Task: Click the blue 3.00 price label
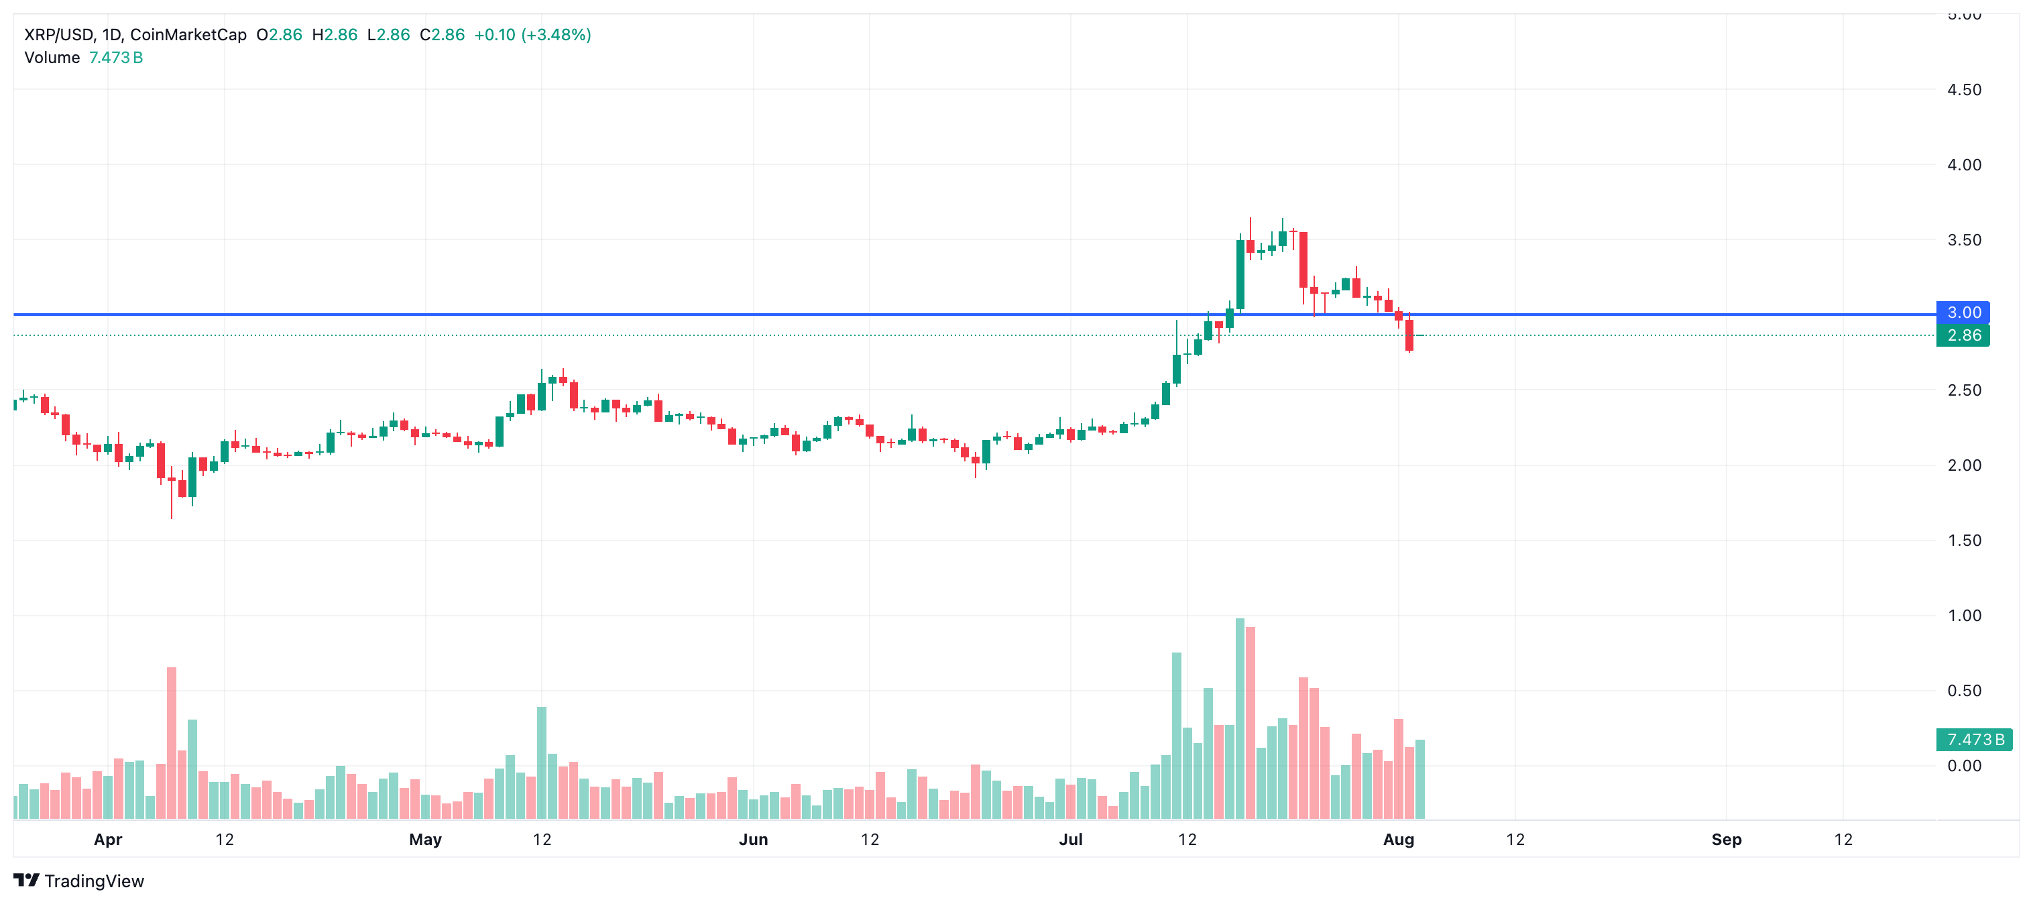(x=1963, y=313)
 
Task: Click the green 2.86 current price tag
(x=1963, y=335)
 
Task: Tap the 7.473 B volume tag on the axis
(x=1974, y=740)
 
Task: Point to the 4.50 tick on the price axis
(x=1963, y=90)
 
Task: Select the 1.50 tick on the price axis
(x=1963, y=541)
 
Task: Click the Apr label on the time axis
(x=108, y=839)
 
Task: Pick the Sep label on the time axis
(x=1726, y=839)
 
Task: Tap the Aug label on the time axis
(x=1397, y=839)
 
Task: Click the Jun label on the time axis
(x=753, y=839)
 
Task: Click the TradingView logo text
(x=94, y=881)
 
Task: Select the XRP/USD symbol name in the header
(x=59, y=35)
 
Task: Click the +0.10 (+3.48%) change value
(x=532, y=35)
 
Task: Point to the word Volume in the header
(x=52, y=58)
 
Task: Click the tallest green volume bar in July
(x=1240, y=718)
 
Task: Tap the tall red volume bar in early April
(x=171, y=742)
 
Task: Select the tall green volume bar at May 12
(x=541, y=762)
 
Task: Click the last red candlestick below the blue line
(x=1409, y=335)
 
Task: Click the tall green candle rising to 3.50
(x=1240, y=275)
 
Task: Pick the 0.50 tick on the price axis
(x=1963, y=691)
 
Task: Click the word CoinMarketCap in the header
(x=188, y=35)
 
